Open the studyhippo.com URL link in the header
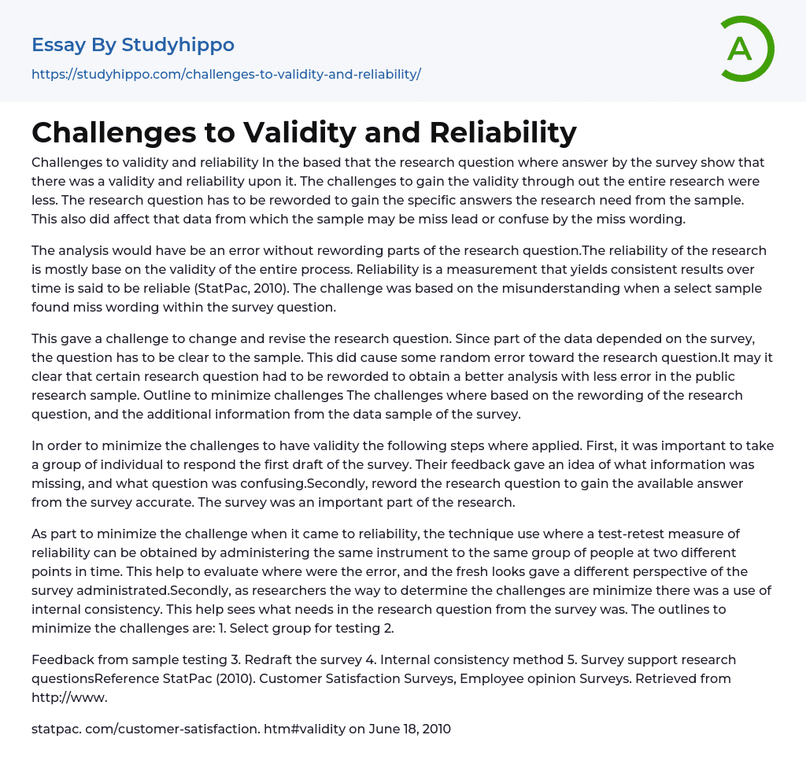(x=226, y=74)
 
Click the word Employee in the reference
(x=535, y=678)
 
